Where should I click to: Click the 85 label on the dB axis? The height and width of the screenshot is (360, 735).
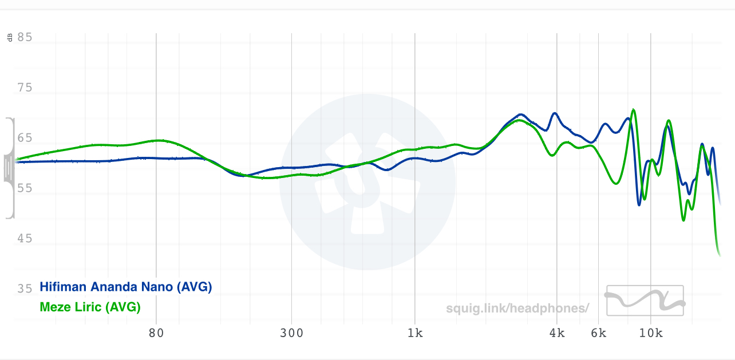tap(25, 38)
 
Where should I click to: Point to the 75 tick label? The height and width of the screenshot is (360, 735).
tap(25, 88)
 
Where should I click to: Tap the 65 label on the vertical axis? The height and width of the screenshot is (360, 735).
tap(25, 139)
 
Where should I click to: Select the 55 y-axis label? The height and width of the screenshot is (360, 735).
tap(25, 188)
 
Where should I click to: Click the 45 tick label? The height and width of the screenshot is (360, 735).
tap(25, 239)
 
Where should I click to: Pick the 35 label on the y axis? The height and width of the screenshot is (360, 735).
tap(25, 289)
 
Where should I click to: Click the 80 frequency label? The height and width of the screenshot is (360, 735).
tap(156, 333)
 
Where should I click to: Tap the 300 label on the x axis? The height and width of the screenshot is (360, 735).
tap(291, 333)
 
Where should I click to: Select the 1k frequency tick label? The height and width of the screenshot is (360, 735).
tap(415, 333)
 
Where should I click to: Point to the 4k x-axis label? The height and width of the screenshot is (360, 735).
tap(557, 333)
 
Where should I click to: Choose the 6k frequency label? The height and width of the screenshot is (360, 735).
tap(599, 333)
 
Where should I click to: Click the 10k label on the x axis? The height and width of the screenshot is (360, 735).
tap(650, 333)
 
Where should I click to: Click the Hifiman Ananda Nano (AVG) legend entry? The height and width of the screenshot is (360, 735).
tap(125, 287)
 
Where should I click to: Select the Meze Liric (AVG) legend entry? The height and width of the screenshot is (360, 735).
tap(90, 307)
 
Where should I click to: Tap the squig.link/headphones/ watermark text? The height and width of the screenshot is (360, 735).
tap(517, 308)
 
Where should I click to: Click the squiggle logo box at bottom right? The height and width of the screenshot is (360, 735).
tap(645, 300)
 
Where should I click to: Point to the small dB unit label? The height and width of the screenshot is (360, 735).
tap(10, 38)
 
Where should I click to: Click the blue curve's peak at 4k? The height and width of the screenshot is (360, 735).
tap(554, 113)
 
